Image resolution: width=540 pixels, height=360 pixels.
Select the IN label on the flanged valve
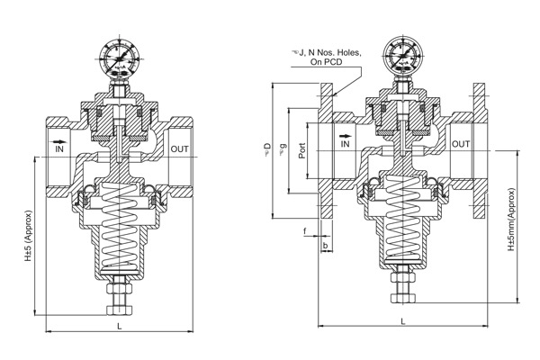(346, 143)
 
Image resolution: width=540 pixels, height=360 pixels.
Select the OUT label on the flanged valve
(460, 143)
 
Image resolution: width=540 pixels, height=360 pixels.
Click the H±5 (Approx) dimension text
(28, 244)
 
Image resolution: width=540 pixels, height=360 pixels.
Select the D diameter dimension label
(266, 146)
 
